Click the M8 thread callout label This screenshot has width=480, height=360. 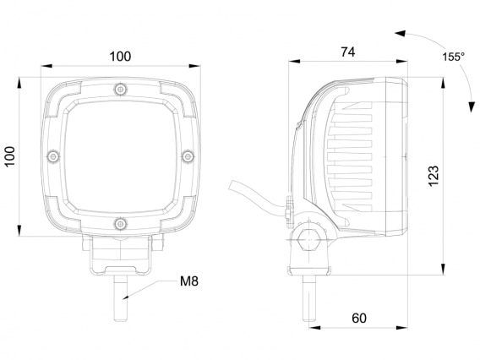pos(189,281)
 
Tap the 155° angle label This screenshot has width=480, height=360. pos(453,57)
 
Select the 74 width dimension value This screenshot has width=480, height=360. pos(348,52)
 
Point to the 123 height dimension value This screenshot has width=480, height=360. pos(434,176)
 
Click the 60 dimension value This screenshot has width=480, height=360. pos(359,319)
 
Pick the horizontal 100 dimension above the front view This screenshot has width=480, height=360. pos(120,57)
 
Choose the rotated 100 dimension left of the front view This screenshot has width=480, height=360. pos(10,156)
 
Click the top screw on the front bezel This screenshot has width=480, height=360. pos(121,90)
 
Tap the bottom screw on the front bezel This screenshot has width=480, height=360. pos(121,224)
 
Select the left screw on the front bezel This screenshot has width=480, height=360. pos(53,156)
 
